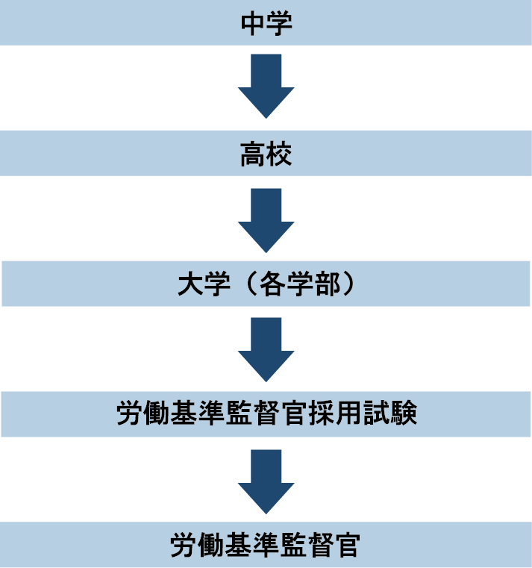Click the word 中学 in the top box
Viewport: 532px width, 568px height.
point(266,23)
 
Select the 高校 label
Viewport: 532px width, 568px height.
point(266,155)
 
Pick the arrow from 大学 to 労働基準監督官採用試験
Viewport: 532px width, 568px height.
point(266,349)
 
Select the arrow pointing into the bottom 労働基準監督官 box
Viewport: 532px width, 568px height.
point(266,481)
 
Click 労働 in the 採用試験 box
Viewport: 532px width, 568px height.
point(142,414)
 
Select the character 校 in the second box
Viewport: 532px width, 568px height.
point(279,155)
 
